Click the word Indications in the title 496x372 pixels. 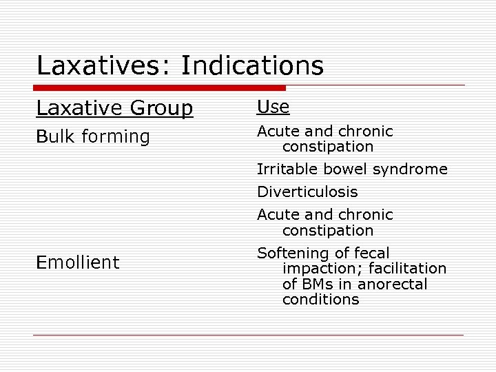tap(252, 66)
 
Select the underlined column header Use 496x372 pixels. tap(273, 107)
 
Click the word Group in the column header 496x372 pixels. tap(161, 109)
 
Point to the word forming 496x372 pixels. tap(115, 137)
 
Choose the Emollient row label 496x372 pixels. tap(77, 262)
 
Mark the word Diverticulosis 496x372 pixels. tap(307, 192)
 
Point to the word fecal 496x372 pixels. tap(371, 254)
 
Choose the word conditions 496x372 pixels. tap(320, 300)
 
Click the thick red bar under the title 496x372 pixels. tap(158, 88)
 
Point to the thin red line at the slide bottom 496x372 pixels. tap(248, 335)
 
